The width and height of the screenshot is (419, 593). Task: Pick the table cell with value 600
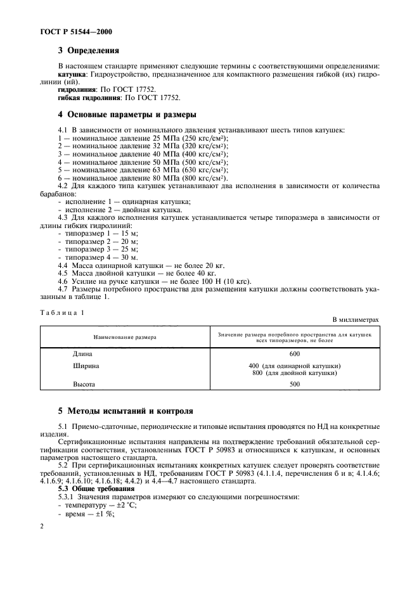point(294,354)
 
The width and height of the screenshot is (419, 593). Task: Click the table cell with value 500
point(294,384)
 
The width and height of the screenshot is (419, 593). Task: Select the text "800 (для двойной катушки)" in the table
point(294,373)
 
